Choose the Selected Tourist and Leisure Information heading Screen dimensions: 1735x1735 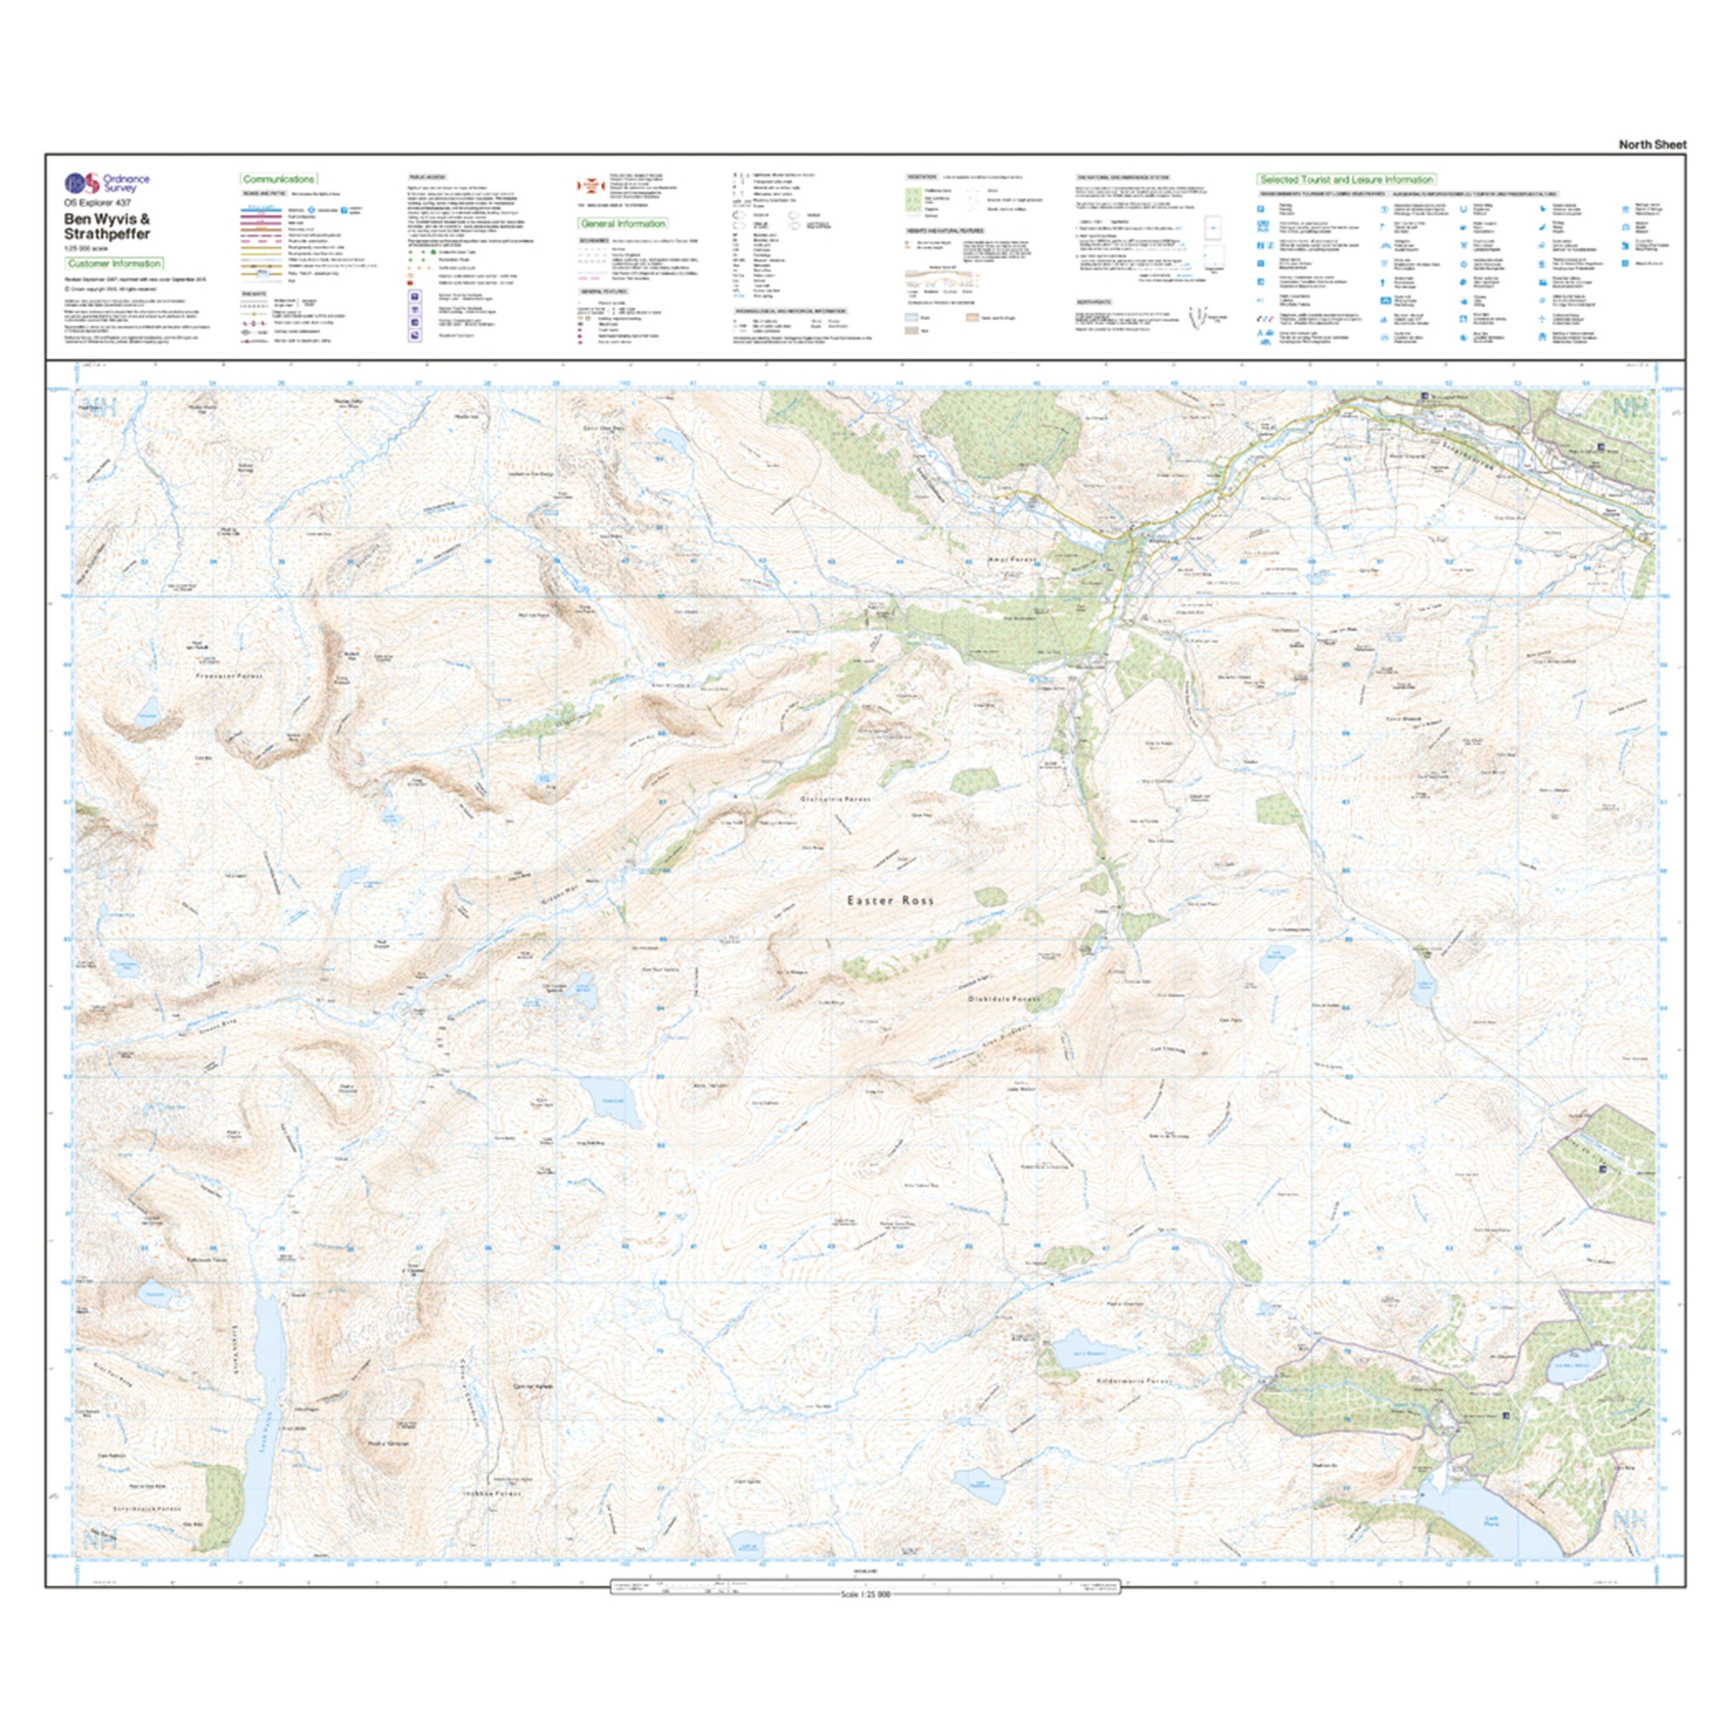coord(1345,180)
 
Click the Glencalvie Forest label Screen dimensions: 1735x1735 coord(835,798)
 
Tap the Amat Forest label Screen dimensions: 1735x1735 coord(1012,559)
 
